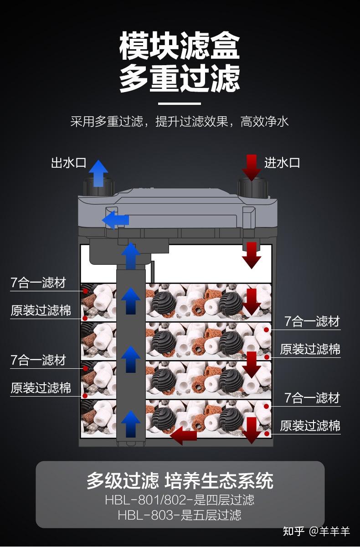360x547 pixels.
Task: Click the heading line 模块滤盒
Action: tap(180, 46)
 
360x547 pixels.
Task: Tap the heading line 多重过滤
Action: tap(180, 78)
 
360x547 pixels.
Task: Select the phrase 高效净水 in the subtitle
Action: tap(265, 122)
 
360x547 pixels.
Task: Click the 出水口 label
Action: tap(68, 163)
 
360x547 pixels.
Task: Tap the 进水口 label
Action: tap(283, 163)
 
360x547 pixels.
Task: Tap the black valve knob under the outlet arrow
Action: tap(98, 187)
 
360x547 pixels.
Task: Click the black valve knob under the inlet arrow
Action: tap(252, 187)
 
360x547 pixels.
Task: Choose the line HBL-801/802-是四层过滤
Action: tap(180, 500)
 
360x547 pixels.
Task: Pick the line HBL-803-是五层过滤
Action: tap(180, 515)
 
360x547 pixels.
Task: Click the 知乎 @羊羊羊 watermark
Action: tap(316, 532)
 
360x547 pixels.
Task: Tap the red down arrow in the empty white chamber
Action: tap(252, 255)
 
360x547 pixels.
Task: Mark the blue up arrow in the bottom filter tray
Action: tap(131, 424)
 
